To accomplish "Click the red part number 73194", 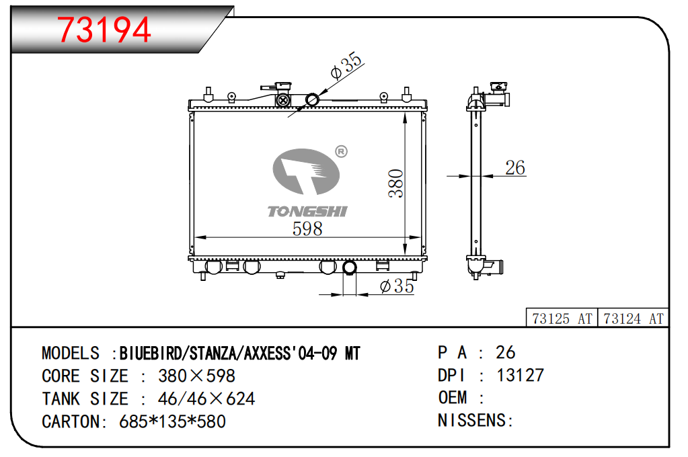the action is [104, 30].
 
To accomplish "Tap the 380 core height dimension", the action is [395, 183].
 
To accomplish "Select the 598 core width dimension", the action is [307, 229].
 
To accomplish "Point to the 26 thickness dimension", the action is [515, 167].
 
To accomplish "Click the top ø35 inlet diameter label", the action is [346, 66].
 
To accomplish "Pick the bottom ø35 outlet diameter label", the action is [397, 286].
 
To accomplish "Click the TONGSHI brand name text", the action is [307, 212].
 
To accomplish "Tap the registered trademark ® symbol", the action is [341, 152].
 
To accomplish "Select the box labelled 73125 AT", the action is [562, 318].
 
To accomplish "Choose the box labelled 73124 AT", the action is [633, 318].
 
